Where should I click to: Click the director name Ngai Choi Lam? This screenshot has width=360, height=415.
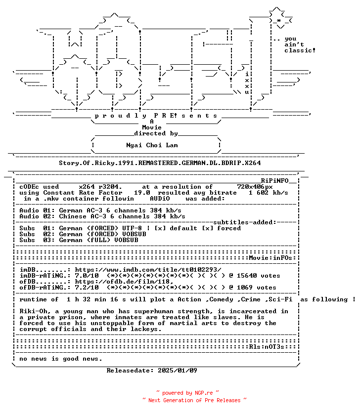[x=152, y=145]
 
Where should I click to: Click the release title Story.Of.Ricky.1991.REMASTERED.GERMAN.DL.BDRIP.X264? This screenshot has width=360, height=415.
[x=160, y=163]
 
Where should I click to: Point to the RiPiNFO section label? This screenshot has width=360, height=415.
[x=275, y=180]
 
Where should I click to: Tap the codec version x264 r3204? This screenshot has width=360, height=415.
[x=100, y=187]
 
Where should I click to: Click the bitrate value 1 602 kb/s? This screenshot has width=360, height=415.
[x=268, y=193]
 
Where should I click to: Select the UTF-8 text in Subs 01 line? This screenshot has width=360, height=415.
[x=132, y=228]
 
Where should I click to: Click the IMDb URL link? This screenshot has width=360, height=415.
[x=148, y=270]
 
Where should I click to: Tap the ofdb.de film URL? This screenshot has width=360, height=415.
[x=124, y=282]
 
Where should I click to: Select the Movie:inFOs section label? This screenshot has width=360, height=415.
[x=270, y=258]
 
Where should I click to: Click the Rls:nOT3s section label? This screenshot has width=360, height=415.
[x=267, y=347]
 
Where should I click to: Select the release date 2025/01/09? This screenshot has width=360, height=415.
[x=178, y=370]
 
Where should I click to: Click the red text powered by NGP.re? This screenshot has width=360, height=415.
[x=187, y=393]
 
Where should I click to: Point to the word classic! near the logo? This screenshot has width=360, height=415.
[x=300, y=50]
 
